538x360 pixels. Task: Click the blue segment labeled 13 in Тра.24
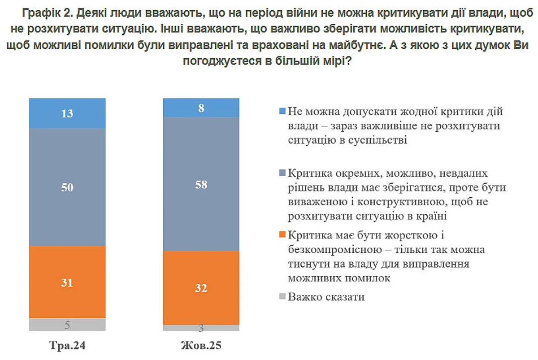[67, 114]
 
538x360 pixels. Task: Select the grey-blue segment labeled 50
[67, 187]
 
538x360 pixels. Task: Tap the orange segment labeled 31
[67, 282]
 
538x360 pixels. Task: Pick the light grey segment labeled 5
[67, 325]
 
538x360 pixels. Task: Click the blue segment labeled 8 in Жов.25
[201, 108]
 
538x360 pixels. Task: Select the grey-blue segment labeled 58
[201, 184]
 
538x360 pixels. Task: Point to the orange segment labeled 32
[201, 288]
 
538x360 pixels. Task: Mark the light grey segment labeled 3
[201, 328]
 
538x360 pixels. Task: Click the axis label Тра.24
[67, 346]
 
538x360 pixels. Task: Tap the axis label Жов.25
[201, 346]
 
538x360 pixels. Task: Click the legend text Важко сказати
[326, 297]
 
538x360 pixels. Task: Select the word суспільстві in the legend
[380, 140]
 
